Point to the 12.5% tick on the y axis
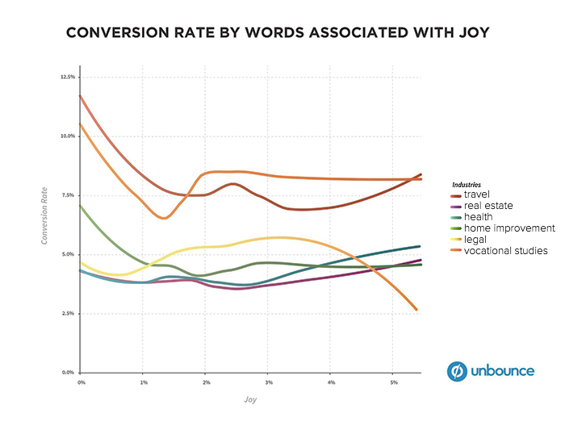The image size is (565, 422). pos(68,77)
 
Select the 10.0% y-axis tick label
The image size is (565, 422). pos(68,136)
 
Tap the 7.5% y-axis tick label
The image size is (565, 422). pos(69,195)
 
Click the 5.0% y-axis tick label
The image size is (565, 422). pos(69,254)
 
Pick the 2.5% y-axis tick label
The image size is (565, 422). pos(69,313)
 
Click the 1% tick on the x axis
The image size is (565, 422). pos(143,381)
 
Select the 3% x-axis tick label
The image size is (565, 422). pos(268,381)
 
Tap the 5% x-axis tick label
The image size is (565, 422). pos(393,381)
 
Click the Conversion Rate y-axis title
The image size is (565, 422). pos(45,217)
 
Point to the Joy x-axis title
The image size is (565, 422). pos(251,399)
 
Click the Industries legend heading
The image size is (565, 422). pos(466,185)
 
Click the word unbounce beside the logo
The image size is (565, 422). pos(503,371)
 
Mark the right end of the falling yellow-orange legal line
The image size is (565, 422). pos(416,309)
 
